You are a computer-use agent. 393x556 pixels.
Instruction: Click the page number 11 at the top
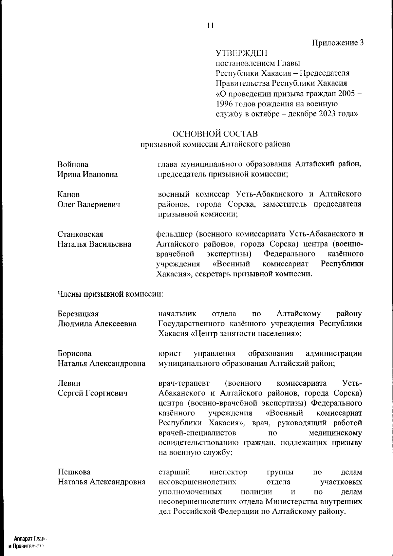pos(210,26)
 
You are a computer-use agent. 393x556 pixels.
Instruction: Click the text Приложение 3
pos(338,43)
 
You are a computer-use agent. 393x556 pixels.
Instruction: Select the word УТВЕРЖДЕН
pos(241,53)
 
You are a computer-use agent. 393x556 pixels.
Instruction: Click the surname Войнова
pos(73,164)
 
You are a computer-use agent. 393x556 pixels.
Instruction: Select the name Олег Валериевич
pos(89,205)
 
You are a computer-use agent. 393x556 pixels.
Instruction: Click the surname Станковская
pos(80,234)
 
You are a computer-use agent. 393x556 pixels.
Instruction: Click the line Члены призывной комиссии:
pos(110,294)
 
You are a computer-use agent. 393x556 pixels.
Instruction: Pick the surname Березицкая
pos(78,314)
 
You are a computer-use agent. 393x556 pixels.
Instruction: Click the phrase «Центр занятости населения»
pos(245,334)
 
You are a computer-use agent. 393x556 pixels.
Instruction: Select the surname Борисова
pos(74,354)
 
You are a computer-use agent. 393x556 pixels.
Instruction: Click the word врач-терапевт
pos(184,383)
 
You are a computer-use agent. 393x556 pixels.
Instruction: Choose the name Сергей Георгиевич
pos(92,393)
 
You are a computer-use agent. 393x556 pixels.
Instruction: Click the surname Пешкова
pos(74,472)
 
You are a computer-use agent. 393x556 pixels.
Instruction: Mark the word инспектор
pos(228,472)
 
